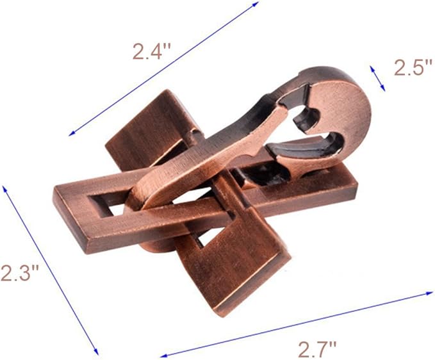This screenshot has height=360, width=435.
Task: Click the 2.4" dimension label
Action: [151, 51]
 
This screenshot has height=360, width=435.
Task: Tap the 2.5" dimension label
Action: [413, 67]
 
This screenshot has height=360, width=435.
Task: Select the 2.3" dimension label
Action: [19, 272]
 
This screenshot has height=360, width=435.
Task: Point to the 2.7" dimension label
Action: [317, 349]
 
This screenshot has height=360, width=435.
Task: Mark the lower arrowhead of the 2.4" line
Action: [72, 134]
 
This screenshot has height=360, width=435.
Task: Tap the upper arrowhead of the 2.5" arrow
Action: [371, 69]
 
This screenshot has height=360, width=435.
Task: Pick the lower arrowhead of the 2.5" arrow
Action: [383, 88]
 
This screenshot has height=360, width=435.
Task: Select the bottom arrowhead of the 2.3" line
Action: [97, 352]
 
